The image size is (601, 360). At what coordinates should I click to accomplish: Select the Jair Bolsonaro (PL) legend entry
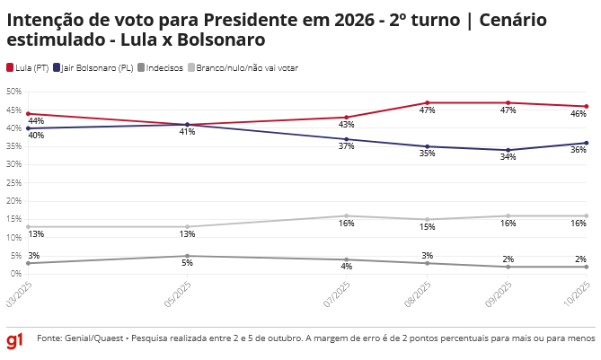pyautogui.click(x=93, y=67)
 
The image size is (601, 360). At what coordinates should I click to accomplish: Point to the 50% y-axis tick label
pyautogui.click(x=13, y=92)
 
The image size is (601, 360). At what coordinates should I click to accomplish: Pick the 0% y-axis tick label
pyautogui.click(x=15, y=274)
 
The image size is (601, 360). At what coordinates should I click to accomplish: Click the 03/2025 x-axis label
pyautogui.click(x=17, y=294)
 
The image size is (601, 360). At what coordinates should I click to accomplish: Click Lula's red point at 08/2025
pyautogui.click(x=427, y=102)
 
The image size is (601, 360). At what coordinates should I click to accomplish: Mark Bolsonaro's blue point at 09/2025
pyautogui.click(x=508, y=150)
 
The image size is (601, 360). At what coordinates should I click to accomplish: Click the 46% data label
pyautogui.click(x=580, y=114)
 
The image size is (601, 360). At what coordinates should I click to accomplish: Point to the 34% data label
pyautogui.click(x=508, y=157)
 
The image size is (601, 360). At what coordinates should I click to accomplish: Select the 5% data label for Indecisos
pyautogui.click(x=187, y=263)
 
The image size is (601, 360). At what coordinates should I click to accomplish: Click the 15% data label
pyautogui.click(x=427, y=227)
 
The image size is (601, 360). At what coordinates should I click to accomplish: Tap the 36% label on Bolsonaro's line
pyautogui.click(x=580, y=150)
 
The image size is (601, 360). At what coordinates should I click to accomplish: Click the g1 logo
pyautogui.click(x=15, y=340)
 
